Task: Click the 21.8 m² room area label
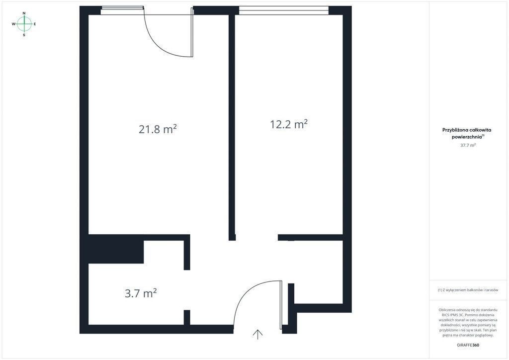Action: pyautogui.click(x=158, y=129)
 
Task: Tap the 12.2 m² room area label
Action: pyautogui.click(x=289, y=124)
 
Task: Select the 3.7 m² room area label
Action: pyautogui.click(x=141, y=293)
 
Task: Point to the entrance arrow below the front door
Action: pyautogui.click(x=258, y=334)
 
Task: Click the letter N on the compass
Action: pyautogui.click(x=24, y=13)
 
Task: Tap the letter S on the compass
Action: pyautogui.click(x=24, y=35)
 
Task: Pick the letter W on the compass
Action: pyautogui.click(x=13, y=24)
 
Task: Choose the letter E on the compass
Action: pyautogui.click(x=35, y=24)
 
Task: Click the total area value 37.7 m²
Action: pyautogui.click(x=468, y=145)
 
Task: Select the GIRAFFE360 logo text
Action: pyautogui.click(x=468, y=345)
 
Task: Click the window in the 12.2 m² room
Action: pyautogui.click(x=284, y=10)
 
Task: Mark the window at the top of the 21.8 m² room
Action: pyautogui.click(x=122, y=10)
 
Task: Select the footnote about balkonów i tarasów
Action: pyautogui.click(x=468, y=290)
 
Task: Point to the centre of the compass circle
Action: pyautogui.click(x=24, y=24)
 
